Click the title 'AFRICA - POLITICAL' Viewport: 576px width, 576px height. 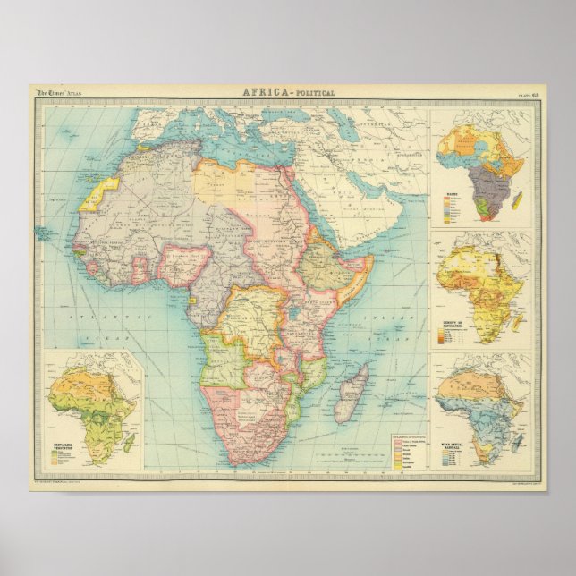tap(288, 92)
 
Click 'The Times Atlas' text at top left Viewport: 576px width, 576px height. tap(56, 93)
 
